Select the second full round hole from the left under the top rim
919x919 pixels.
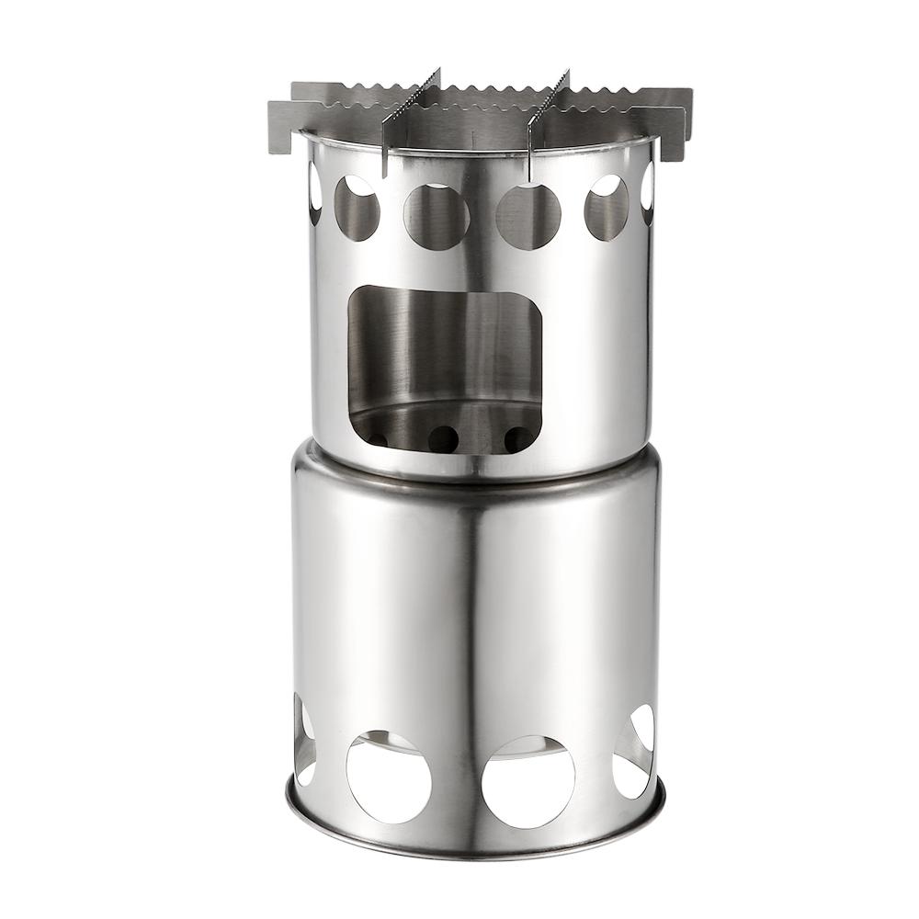[x=436, y=216]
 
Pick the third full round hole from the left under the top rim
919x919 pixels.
[x=528, y=216]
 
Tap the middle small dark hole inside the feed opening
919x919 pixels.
[x=443, y=439]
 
